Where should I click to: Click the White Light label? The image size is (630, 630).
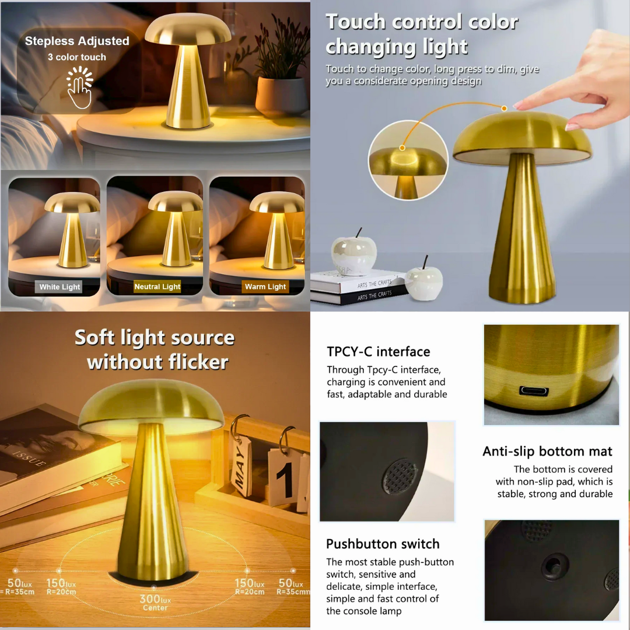(60, 287)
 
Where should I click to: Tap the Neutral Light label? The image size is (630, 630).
(157, 286)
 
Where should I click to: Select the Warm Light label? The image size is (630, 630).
(265, 286)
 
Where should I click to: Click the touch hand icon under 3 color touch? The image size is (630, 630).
(79, 87)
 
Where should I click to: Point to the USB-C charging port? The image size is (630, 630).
(534, 390)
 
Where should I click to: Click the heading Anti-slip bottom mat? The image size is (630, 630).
(547, 451)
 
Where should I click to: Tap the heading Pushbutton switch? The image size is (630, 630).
(383, 544)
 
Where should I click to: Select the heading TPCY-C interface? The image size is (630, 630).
(378, 352)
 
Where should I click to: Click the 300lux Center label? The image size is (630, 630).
(155, 603)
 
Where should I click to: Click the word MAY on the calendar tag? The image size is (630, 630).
(240, 467)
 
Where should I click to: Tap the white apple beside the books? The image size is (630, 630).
(424, 281)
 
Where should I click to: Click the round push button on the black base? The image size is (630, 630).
(555, 566)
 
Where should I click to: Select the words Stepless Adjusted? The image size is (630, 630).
(77, 41)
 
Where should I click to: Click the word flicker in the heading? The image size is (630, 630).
(198, 362)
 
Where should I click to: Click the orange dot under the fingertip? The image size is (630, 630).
(504, 108)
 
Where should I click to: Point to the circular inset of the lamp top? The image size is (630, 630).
(408, 160)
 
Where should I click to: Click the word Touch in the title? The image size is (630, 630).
(355, 22)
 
